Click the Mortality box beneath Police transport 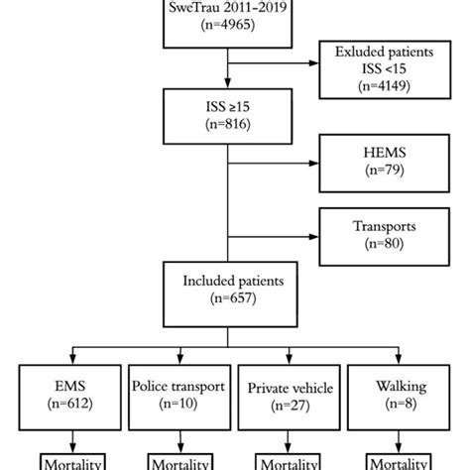pyautogui.click(x=175, y=462)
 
